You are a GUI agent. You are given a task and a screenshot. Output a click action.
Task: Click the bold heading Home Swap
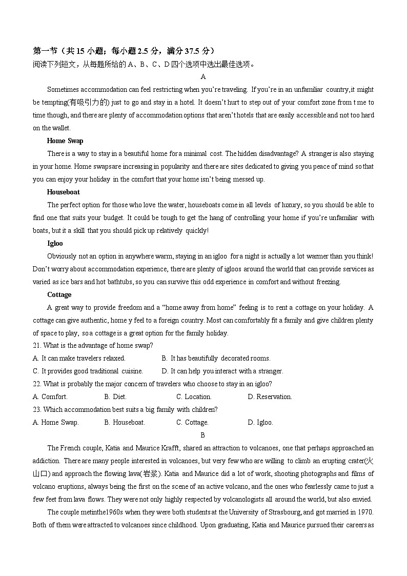[x=65, y=141]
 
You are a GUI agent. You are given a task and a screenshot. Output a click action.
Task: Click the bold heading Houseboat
[x=63, y=192]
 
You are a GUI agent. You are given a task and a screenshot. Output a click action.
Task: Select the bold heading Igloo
[x=55, y=244]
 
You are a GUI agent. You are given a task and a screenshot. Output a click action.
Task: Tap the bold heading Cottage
[x=59, y=295]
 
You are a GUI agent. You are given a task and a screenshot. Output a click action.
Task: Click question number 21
[x=37, y=346]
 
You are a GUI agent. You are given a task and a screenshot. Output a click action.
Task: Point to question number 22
[x=37, y=384]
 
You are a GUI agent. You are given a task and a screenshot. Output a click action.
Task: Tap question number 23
[x=37, y=410]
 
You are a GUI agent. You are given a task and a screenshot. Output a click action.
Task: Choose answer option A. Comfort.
[x=50, y=397]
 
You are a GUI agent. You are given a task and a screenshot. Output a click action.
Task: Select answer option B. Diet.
[x=115, y=397]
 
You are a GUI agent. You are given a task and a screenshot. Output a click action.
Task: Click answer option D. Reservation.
[x=270, y=397]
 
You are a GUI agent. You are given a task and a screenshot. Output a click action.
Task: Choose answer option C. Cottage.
[x=192, y=423]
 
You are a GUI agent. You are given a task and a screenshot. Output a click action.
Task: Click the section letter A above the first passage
[x=203, y=77]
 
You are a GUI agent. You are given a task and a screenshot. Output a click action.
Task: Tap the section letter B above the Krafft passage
[x=203, y=435]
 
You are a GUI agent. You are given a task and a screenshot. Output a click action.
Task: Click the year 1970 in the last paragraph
[x=365, y=512]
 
